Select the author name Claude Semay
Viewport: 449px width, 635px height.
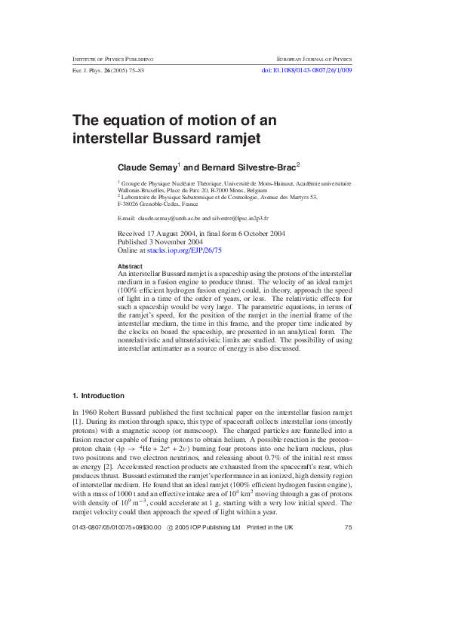(x=146, y=166)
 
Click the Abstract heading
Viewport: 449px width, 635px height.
(x=131, y=267)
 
